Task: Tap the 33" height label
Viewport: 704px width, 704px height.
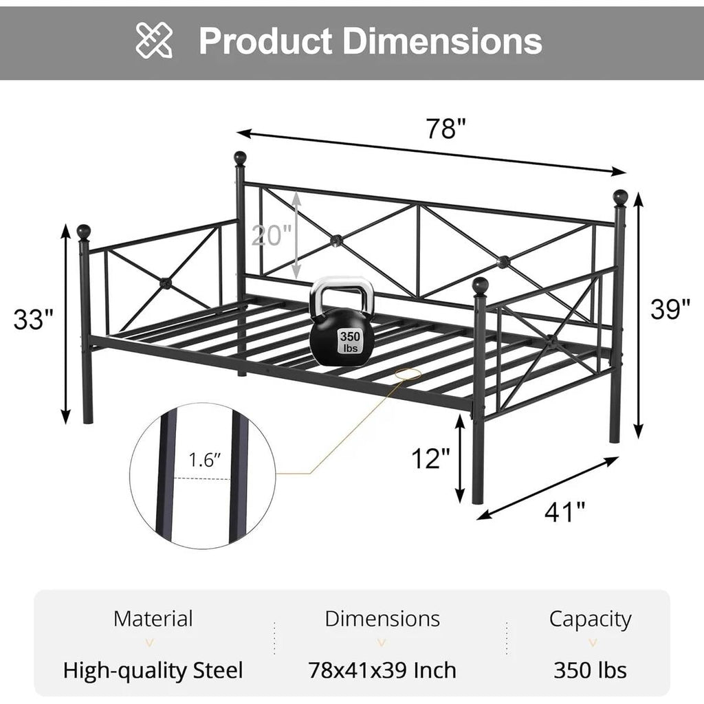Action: pos(34,319)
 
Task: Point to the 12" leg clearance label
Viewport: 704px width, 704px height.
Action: pos(431,458)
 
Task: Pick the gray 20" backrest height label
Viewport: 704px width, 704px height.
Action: pos(272,236)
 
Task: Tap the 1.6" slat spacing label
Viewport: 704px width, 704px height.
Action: pos(204,461)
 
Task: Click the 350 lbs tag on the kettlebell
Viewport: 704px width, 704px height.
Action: pos(349,342)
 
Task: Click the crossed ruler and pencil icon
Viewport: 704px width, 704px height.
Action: pos(155,40)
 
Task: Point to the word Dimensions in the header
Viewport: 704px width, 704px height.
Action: pos(443,41)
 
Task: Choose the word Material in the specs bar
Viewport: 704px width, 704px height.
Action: pos(153,619)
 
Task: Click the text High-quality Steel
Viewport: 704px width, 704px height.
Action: pos(153,670)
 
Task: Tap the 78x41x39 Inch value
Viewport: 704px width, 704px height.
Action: pos(382,670)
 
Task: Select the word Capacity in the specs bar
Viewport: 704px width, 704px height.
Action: pos(590,619)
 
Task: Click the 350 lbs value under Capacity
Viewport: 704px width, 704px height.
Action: pos(590,670)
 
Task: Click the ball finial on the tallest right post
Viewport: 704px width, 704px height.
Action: pos(620,197)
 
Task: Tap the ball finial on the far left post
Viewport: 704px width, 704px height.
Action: pos(84,231)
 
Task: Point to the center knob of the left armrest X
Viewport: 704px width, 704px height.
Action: pos(165,282)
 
